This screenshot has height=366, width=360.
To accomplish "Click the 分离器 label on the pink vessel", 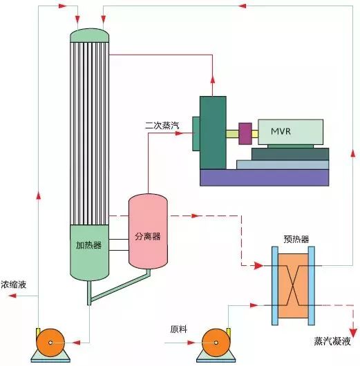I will click(x=147, y=236).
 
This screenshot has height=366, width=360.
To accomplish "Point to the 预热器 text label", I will click(x=296, y=239).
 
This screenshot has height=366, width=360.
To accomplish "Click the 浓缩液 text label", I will click(x=15, y=285).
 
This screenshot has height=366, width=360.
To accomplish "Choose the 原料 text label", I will click(x=178, y=329).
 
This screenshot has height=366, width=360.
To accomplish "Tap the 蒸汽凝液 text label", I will click(x=332, y=341).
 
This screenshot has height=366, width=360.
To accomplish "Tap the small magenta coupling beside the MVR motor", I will click(x=245, y=131).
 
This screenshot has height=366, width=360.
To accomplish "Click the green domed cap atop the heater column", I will click(x=90, y=34).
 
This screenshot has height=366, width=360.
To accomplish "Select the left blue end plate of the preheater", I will click(x=274, y=285).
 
